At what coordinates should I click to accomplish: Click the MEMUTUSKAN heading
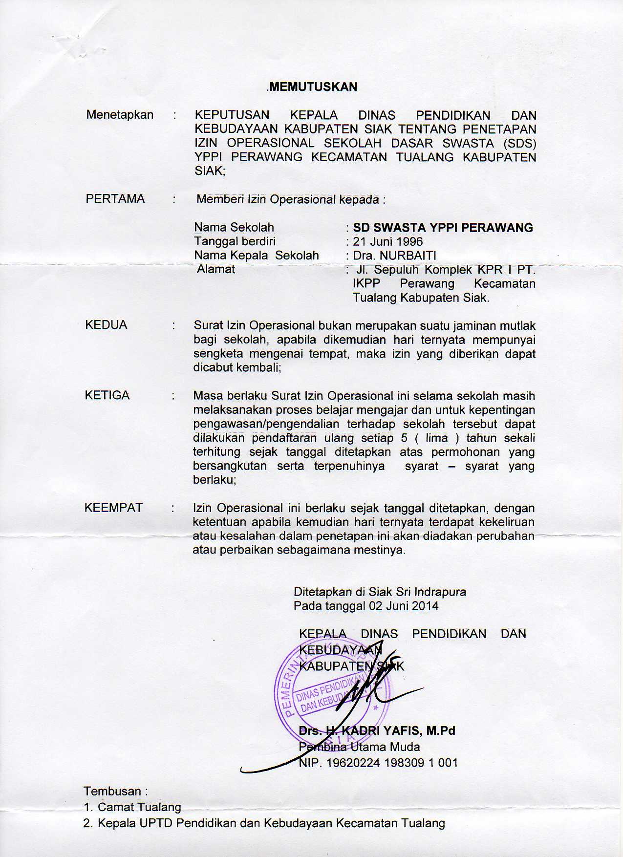coord(313,87)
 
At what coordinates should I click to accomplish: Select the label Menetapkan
coord(120,115)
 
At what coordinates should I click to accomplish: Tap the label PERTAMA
coord(115,199)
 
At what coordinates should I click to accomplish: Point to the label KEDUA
coord(106,325)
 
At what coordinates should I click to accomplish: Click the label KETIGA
coord(107,395)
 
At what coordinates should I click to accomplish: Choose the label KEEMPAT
coord(113,508)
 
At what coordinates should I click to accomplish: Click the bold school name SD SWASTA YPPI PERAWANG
coord(443,228)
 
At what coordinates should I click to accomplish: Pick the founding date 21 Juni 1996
coord(388,241)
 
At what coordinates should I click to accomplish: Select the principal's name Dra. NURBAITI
coord(394,256)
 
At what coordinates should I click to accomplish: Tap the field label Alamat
coord(215,269)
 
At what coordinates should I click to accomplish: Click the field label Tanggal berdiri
coord(235,241)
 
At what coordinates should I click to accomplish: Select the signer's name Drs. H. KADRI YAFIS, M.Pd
coord(377,731)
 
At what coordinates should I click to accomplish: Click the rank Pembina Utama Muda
coord(359,747)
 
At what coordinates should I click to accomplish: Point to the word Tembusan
coord(112,791)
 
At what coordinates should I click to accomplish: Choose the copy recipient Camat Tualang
coord(139,807)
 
